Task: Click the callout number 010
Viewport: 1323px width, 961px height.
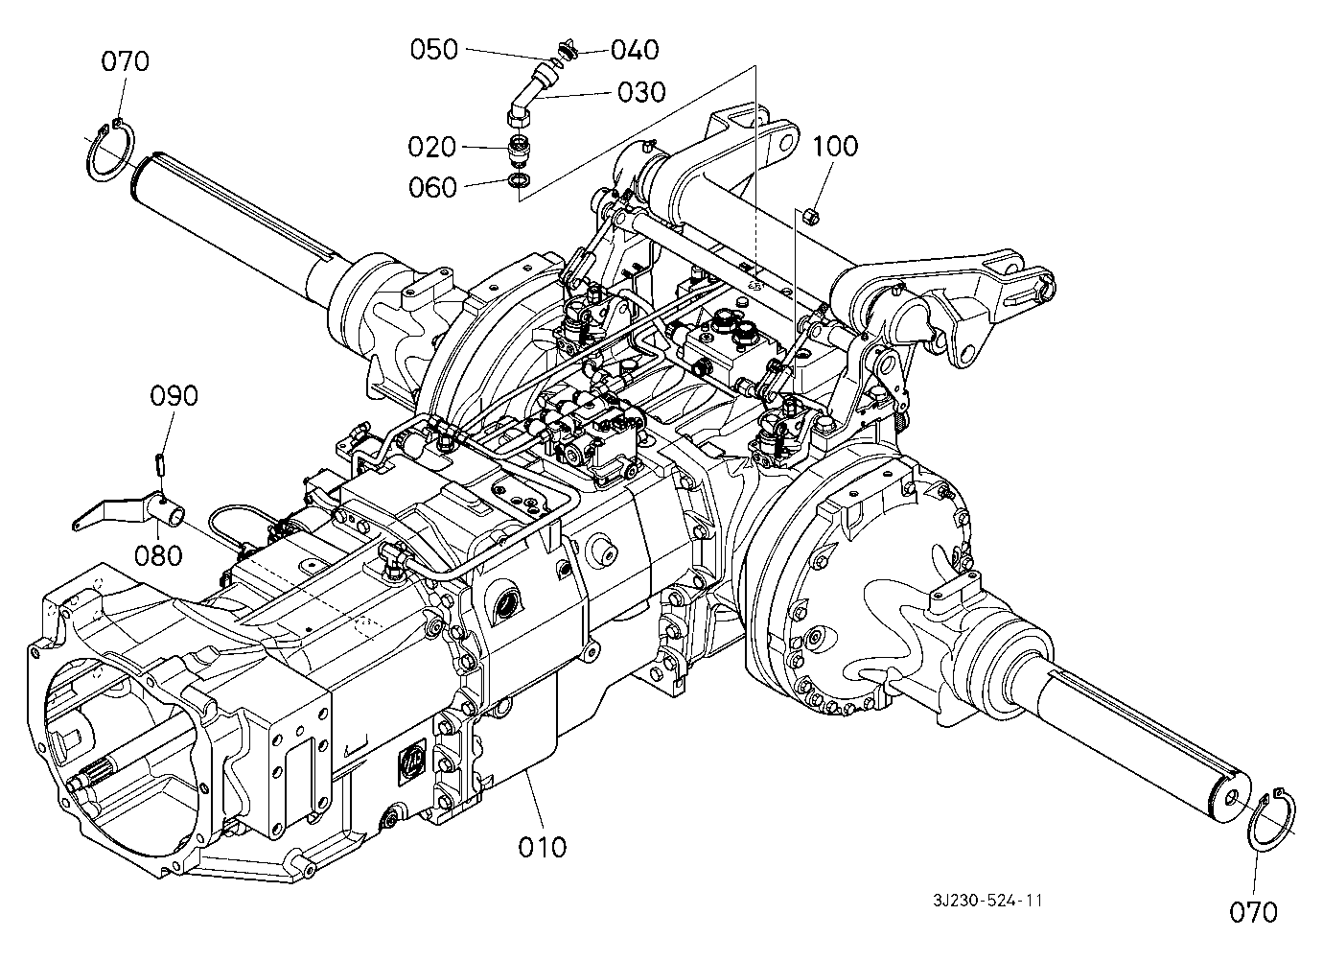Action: (543, 847)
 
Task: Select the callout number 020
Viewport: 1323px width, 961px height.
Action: (431, 147)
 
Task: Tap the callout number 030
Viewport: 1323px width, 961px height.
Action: (641, 92)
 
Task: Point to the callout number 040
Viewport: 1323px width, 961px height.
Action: (635, 50)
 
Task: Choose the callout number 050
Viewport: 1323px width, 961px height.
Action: (434, 50)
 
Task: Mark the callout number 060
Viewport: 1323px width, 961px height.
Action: (433, 187)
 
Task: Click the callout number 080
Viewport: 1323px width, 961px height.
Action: (157, 555)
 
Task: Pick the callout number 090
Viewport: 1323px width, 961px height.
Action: (174, 395)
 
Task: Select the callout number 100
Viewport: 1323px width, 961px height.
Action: (835, 146)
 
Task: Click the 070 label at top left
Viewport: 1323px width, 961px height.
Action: (126, 61)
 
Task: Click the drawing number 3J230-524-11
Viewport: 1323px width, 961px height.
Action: (987, 901)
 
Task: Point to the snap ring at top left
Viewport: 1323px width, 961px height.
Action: (111, 152)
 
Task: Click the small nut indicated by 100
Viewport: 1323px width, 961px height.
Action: (813, 217)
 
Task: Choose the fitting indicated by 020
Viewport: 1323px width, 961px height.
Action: (520, 152)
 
